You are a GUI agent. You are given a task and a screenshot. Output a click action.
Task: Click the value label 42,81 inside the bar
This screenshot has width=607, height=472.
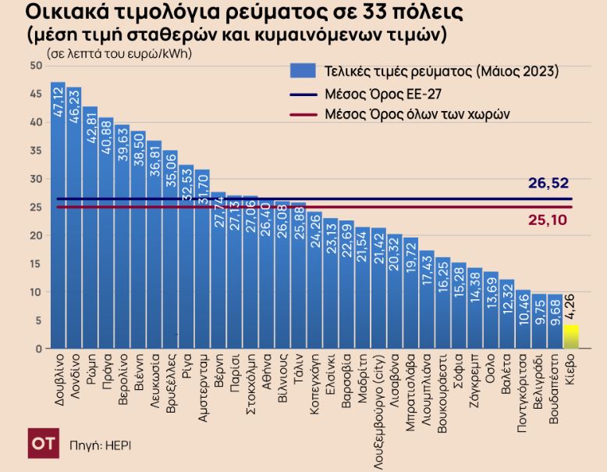[91, 128]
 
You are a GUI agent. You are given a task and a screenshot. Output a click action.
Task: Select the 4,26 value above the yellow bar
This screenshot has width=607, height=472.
[570, 309]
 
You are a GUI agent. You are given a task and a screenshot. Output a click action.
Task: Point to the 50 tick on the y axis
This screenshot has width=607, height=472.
[36, 66]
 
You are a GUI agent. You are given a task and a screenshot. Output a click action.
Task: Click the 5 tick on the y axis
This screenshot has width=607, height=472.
[38, 320]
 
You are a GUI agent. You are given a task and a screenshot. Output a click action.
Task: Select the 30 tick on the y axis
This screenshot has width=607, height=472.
[36, 179]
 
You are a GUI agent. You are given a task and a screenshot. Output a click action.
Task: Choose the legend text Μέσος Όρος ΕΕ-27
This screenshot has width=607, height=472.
[374, 93]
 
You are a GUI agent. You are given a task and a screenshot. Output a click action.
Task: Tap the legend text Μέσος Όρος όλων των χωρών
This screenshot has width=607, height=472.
[417, 114]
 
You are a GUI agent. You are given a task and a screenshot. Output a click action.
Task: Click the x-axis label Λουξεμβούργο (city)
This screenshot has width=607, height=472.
[378, 406]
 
